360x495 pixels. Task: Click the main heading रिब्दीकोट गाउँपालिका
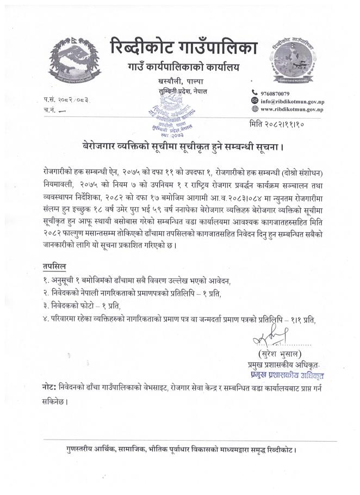pyautogui.click(x=183, y=46)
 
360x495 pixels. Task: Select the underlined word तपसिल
pyautogui.click(x=54, y=268)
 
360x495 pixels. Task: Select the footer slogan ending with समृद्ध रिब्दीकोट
pyautogui.click(x=180, y=450)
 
